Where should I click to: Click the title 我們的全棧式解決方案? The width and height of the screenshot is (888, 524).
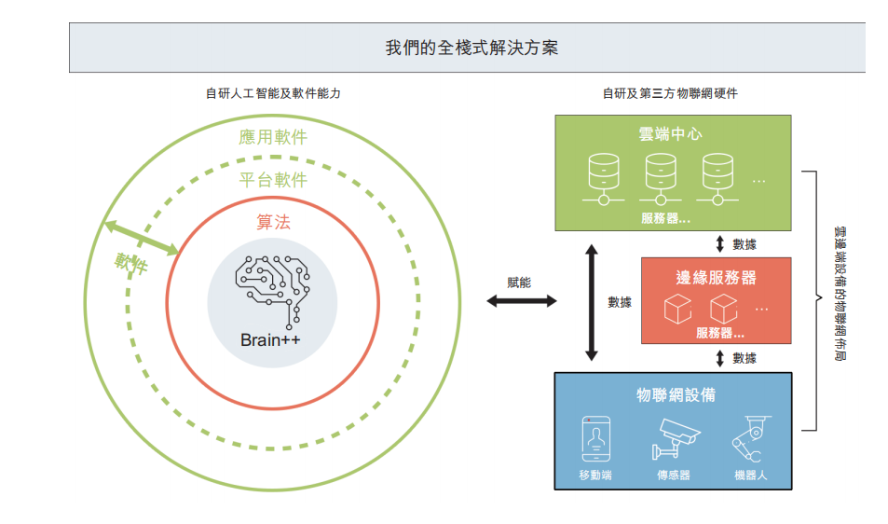coord(472,48)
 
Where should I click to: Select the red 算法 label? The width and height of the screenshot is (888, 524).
coord(273,222)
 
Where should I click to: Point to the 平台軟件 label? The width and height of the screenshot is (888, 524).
coord(273,180)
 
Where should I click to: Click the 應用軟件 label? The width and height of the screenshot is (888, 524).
coord(273,138)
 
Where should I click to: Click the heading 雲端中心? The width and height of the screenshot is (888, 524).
coord(672,133)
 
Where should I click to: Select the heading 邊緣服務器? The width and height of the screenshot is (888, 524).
coord(716,277)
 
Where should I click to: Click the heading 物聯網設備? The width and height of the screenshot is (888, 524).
coord(676,394)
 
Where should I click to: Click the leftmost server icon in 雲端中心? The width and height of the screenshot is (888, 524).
coord(604,177)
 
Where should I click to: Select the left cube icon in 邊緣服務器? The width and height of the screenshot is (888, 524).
coord(677,309)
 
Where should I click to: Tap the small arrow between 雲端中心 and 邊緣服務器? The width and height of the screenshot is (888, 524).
coord(719,244)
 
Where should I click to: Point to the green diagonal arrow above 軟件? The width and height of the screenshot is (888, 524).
coord(142,238)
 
